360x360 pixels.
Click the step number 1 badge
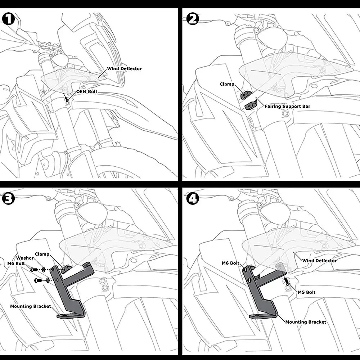click(8, 19)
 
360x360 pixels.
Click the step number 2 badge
click(193, 19)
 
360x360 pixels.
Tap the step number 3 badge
click(8, 199)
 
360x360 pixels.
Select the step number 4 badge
click(193, 199)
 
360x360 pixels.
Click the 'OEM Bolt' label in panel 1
click(87, 91)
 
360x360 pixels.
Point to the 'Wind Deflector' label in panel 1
click(125, 69)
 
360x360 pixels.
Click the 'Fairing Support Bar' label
click(287, 106)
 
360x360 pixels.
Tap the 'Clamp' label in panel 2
click(227, 84)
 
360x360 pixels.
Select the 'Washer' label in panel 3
click(25, 258)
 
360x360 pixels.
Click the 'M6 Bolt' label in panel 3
click(16, 264)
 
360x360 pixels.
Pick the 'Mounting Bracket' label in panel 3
click(31, 306)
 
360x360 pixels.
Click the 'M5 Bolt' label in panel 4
click(306, 292)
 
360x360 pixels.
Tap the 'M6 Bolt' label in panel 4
click(230, 263)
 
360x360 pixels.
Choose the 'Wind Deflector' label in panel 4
click(319, 261)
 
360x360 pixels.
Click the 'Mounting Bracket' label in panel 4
click(306, 322)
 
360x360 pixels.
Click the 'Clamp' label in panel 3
click(42, 254)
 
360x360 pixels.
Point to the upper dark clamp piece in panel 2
click(246, 95)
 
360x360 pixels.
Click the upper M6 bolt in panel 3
click(34, 269)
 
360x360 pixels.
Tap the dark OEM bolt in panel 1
click(67, 99)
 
